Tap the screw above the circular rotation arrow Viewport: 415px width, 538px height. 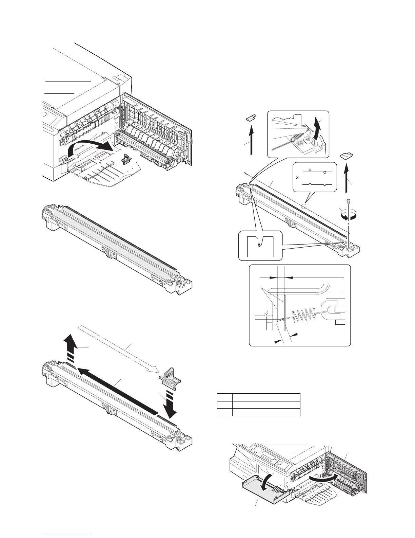pyautogui.click(x=348, y=201)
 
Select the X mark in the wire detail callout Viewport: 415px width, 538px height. pyautogui.click(x=297, y=177)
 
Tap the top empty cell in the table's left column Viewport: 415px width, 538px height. pyautogui.click(x=224, y=397)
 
